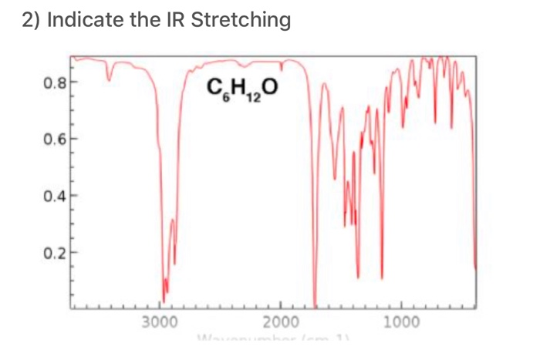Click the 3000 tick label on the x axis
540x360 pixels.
pos(160,321)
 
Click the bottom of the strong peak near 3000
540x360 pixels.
pos(164,300)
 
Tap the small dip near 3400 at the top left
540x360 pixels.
pos(109,78)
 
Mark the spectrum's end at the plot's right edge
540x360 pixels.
pos(475,268)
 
